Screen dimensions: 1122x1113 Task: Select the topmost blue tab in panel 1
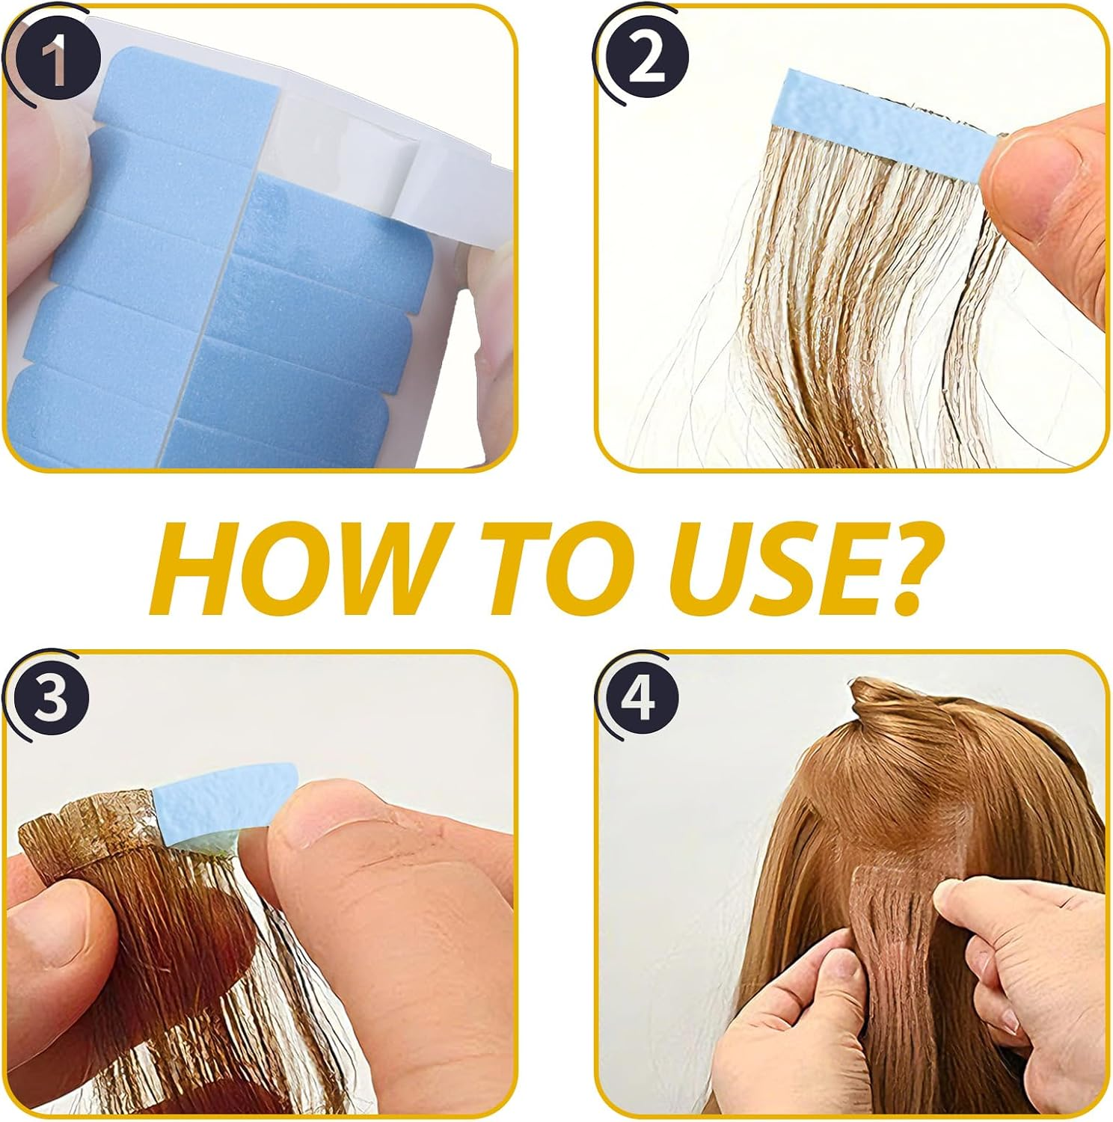(187, 86)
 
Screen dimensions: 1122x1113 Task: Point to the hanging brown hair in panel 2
(823, 314)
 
